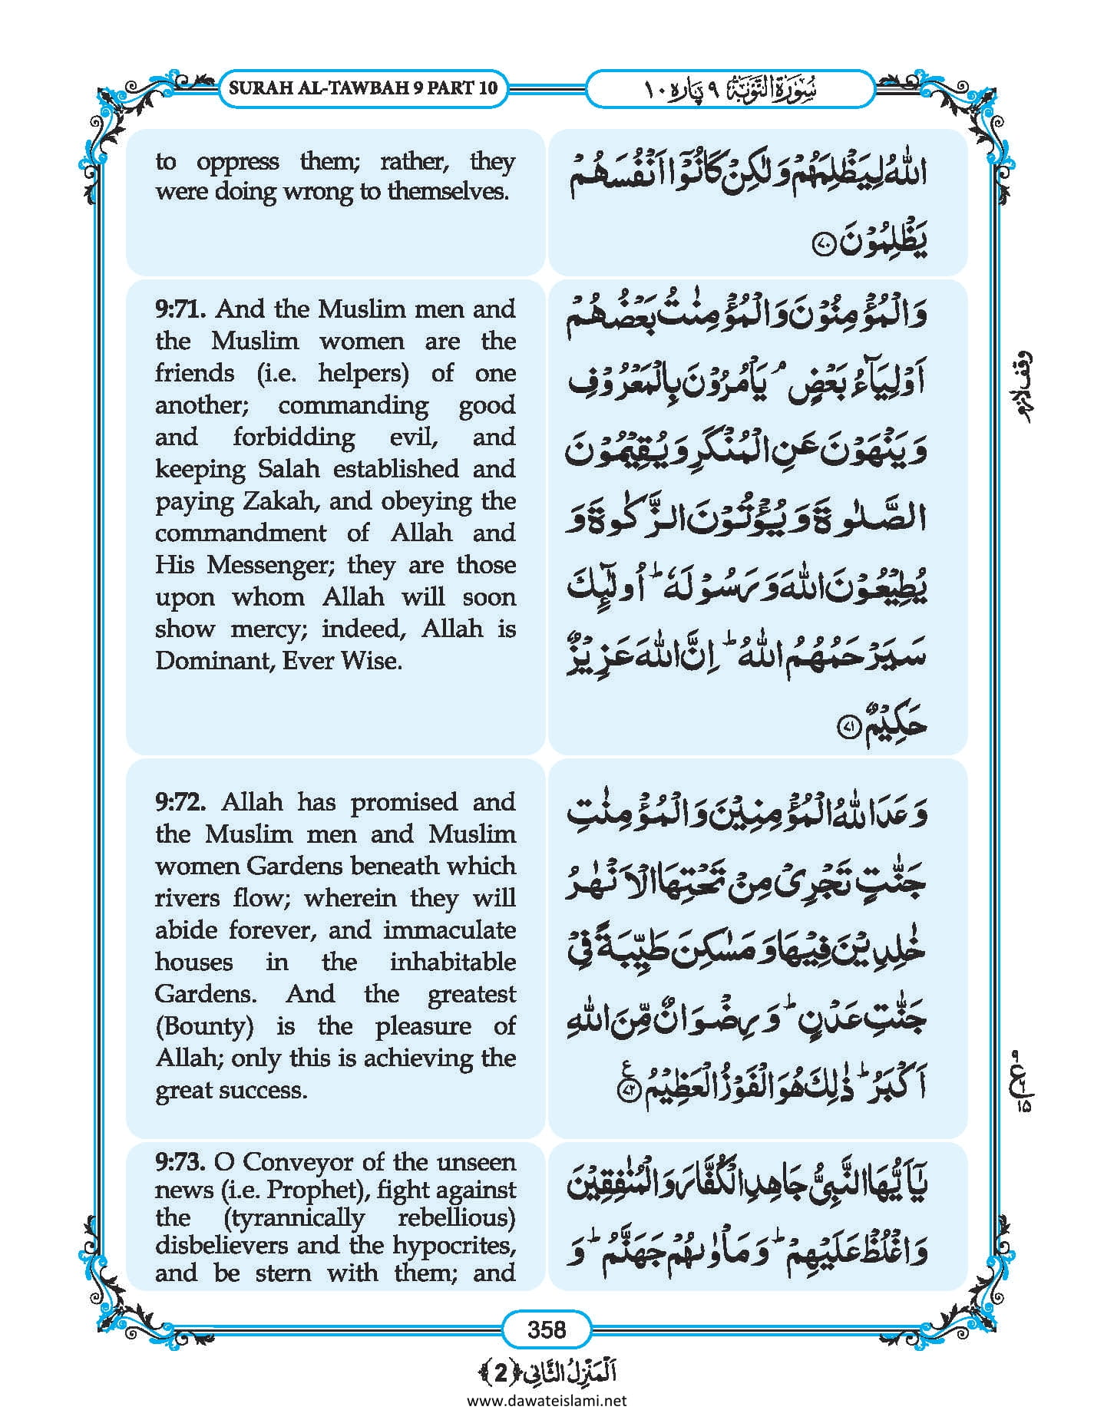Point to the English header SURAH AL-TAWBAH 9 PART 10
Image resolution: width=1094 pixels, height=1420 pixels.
pyautogui.click(x=363, y=88)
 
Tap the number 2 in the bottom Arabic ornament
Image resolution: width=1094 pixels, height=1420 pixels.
pyautogui.click(x=500, y=1373)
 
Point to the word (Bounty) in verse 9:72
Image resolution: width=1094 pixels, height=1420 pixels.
pyautogui.click(x=204, y=1026)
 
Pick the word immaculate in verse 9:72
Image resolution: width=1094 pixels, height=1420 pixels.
pyautogui.click(x=449, y=930)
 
